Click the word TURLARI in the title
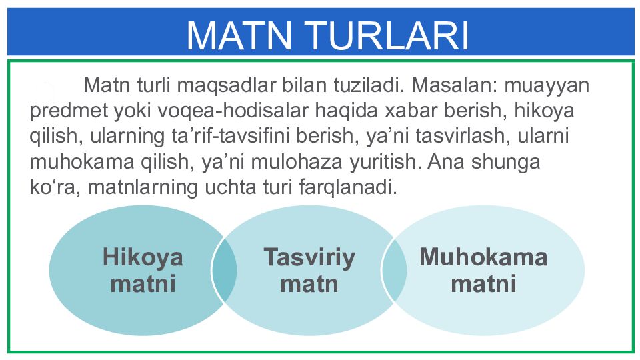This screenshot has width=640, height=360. [387, 35]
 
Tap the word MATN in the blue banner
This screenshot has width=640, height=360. [239, 35]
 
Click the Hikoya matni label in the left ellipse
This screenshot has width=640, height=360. [143, 271]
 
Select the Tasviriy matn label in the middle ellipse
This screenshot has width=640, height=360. [309, 271]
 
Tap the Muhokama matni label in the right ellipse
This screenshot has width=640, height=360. [484, 270]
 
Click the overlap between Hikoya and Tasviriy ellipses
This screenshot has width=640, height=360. [224, 270]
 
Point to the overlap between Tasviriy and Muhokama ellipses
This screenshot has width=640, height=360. [394, 270]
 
